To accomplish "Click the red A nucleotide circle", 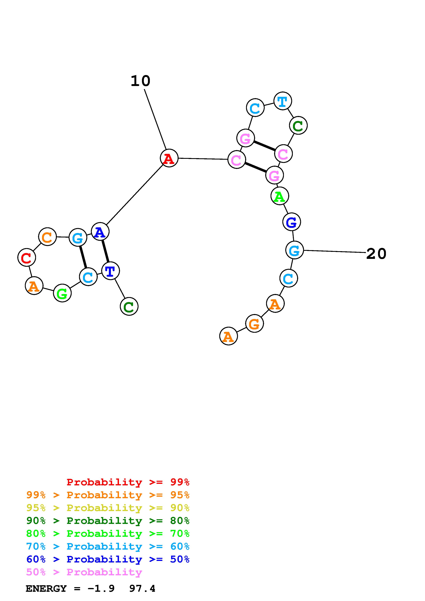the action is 169,158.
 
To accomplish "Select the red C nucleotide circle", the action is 26,257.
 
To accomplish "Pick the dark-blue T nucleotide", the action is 110,271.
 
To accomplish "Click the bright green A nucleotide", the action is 280,196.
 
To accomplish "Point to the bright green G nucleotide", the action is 62,293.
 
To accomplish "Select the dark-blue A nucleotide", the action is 100,232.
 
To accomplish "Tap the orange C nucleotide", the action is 47,237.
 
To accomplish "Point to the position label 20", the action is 376,254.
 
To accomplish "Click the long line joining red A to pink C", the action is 203,159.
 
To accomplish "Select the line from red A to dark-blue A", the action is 135,195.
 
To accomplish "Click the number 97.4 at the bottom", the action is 142,589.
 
